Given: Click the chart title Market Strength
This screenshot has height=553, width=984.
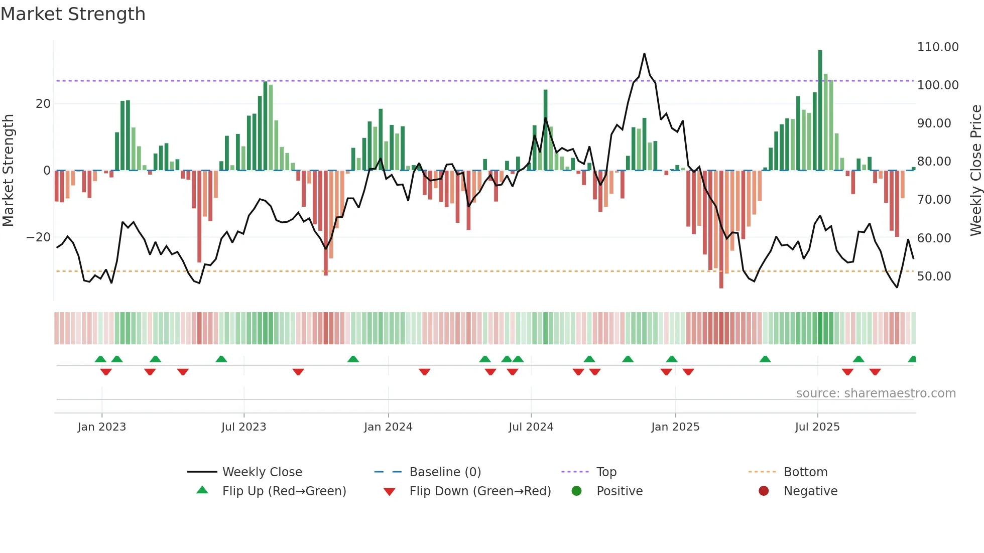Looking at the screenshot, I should coord(73,14).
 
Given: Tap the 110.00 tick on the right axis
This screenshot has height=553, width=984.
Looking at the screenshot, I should coord(937,47).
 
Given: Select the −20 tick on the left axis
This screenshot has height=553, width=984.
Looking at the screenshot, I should coord(39,237).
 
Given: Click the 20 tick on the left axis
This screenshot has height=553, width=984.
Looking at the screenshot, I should coord(43,104).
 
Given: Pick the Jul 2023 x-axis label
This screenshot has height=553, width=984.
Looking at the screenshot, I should coord(243,427).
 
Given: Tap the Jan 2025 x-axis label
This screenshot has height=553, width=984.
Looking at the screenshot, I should coord(675,427).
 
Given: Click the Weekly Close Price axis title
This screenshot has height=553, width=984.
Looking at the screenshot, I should coord(975,171).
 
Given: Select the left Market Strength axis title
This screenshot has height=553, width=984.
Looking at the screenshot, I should coord(9,171).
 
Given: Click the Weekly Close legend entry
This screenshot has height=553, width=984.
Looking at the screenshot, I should coord(262,472).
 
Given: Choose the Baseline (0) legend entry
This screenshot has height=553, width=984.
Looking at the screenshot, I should coord(445,472).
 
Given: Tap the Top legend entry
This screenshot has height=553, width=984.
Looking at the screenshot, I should coord(606,472).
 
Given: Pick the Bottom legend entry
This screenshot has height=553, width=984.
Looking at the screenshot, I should coord(805,472).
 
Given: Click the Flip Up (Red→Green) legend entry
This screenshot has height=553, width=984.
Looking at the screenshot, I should coord(284,491).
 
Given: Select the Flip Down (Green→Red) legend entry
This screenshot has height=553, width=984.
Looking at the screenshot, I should coord(479,491).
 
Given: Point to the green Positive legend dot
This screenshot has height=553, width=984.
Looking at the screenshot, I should coord(576,491).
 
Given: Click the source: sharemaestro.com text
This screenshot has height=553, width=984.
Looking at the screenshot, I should coord(876,393).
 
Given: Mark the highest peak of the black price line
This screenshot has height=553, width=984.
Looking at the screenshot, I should coord(644,54).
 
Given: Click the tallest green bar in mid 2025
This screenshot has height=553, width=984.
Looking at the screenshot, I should coord(820,110).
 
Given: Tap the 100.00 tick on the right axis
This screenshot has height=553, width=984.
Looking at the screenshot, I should coord(937,85).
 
